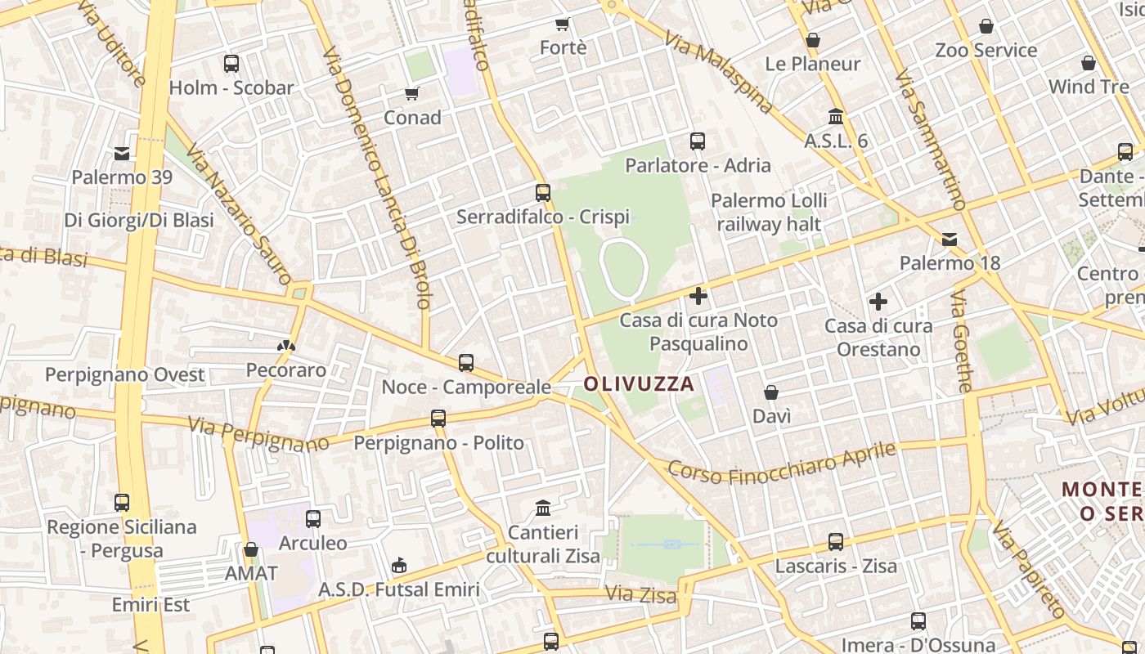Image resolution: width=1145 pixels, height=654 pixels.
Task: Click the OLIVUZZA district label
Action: (639, 383)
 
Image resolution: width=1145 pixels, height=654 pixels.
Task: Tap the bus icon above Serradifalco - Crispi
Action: (543, 193)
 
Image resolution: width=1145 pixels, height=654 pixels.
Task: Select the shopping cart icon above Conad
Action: (412, 94)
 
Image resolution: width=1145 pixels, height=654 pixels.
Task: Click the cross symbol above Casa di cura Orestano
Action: (878, 302)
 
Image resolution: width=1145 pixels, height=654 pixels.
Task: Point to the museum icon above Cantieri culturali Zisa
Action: (543, 508)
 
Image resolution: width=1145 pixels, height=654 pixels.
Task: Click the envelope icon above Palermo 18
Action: (950, 240)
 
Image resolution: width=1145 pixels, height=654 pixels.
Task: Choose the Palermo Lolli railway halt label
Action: (769, 212)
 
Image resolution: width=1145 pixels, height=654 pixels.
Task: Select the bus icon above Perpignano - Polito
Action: (438, 419)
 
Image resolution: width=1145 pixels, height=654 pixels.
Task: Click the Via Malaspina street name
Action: (719, 72)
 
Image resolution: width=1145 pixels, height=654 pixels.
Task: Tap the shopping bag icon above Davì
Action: (771, 393)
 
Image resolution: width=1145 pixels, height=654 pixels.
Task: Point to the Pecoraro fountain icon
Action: (285, 347)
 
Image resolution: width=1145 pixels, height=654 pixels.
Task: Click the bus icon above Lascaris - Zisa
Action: (836, 541)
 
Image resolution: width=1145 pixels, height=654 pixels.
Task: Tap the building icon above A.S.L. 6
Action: (836, 117)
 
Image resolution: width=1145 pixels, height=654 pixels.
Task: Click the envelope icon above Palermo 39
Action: (122, 153)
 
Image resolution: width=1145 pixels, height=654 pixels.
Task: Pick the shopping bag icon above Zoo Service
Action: (986, 27)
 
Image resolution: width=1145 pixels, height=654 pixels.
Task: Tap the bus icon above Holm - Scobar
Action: (231, 63)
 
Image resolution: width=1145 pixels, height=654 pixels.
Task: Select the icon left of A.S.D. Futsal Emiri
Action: (398, 565)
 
